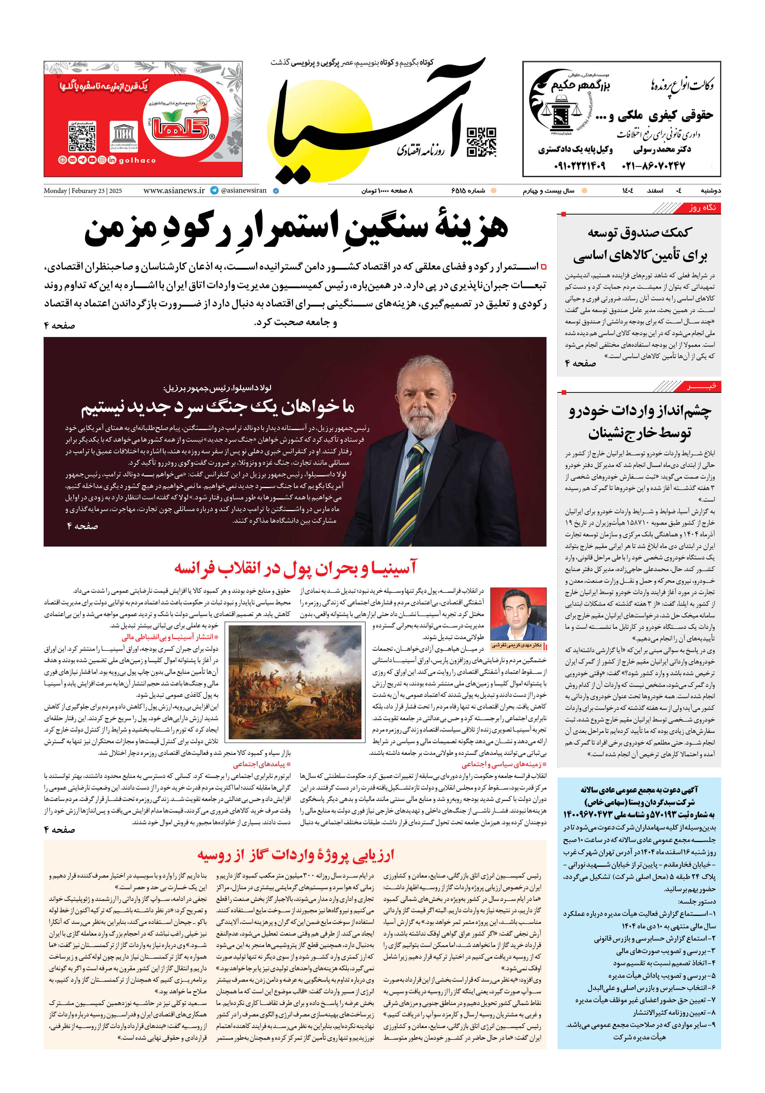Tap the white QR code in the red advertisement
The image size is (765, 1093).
pos(82,137)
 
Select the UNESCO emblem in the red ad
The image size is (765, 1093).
pos(124,136)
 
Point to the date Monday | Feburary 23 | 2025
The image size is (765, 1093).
pos(83,191)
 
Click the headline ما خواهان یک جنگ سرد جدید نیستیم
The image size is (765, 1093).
pos(218,407)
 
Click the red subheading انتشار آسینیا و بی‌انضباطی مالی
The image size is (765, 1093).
pos(170,637)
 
